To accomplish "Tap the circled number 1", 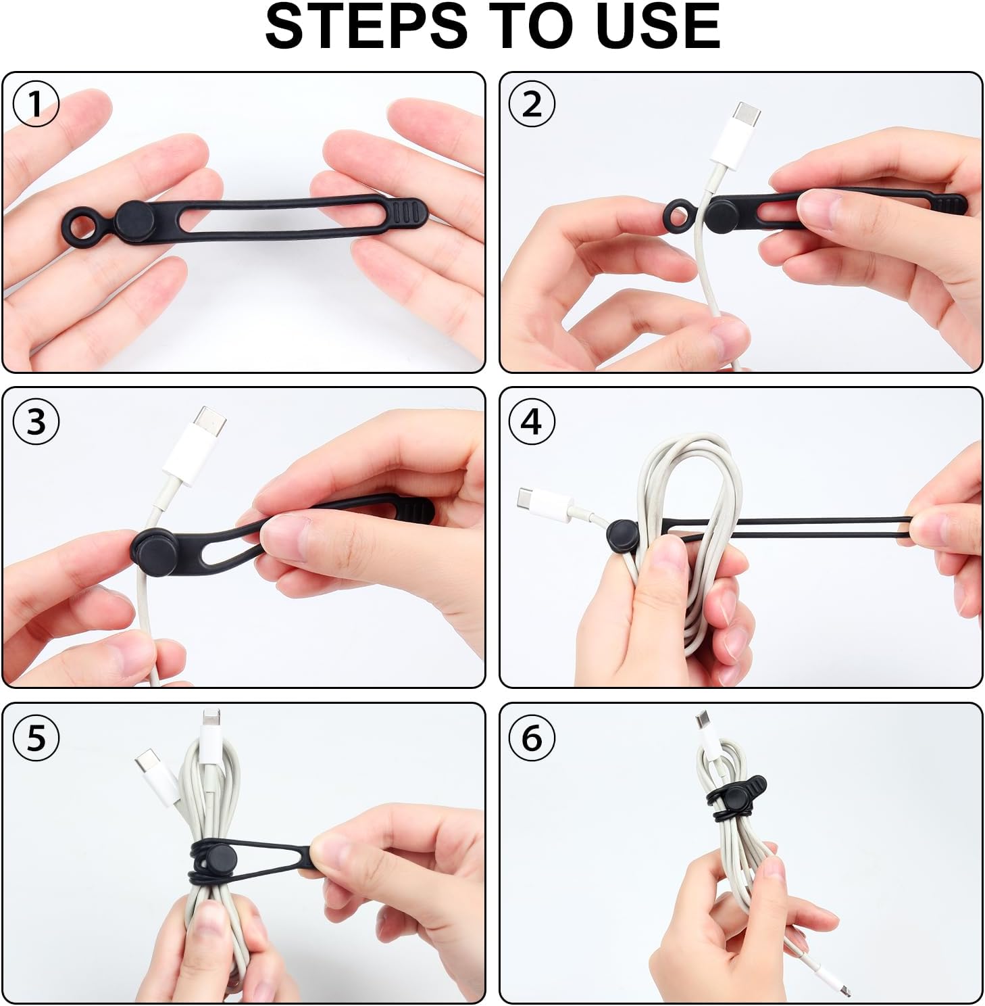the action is click(36, 104).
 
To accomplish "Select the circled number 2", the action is click(532, 104).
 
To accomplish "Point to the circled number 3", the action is click(36, 421).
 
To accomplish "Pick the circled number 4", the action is click(532, 421).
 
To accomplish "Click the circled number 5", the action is click(36, 736).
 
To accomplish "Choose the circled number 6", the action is click(532, 736).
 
